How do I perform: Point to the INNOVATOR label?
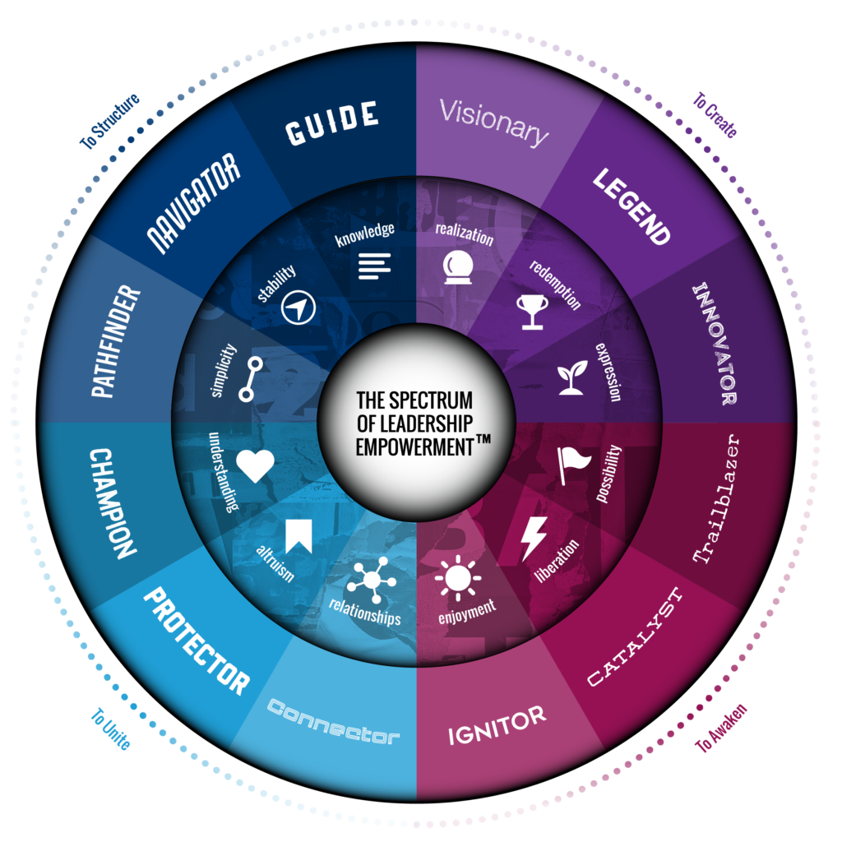pyautogui.click(x=713, y=344)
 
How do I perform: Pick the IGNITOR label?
pyautogui.click(x=497, y=724)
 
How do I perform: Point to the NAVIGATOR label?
pyautogui.click(x=194, y=202)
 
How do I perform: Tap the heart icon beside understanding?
pyautogui.click(x=255, y=465)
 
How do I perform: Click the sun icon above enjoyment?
pyautogui.click(x=458, y=577)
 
